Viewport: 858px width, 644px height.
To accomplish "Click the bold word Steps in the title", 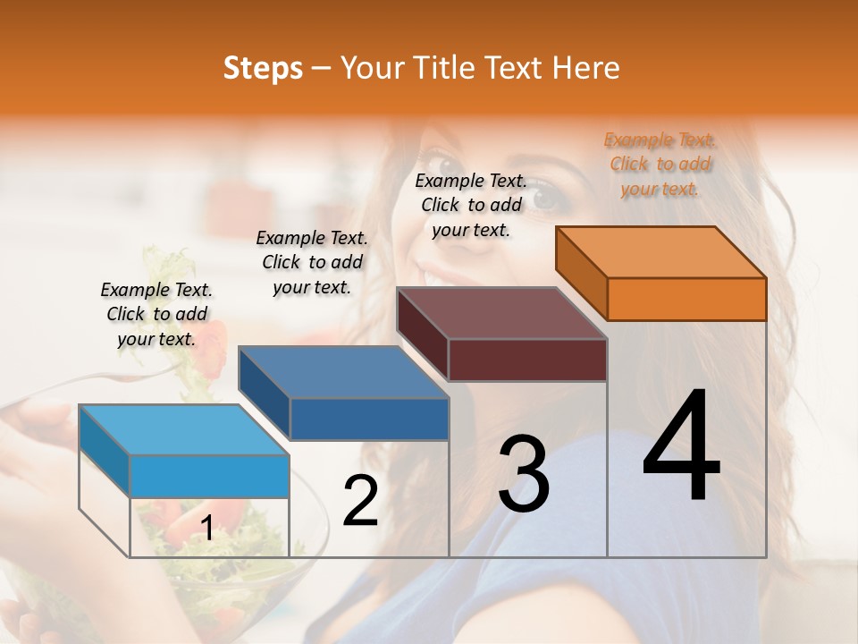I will (x=263, y=68).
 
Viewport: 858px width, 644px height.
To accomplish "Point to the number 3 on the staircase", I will (x=524, y=473).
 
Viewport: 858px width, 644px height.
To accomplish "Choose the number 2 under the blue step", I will (x=360, y=501).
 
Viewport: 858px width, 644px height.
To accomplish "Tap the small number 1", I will (x=206, y=529).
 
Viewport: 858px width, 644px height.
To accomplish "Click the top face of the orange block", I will (x=660, y=252).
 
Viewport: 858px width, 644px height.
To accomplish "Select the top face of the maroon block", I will (x=501, y=313).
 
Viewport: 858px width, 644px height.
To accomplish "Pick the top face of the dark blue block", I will (x=343, y=372).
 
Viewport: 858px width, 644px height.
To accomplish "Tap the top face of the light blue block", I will (x=184, y=430).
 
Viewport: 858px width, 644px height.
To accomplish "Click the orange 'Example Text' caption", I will (x=660, y=164).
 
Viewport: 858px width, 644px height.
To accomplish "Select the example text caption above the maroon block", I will (x=471, y=205).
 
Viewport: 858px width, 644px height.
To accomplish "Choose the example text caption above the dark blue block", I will (x=312, y=262).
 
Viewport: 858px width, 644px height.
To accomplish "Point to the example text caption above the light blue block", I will (x=156, y=314).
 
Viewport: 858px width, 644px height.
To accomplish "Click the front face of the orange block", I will (x=686, y=299).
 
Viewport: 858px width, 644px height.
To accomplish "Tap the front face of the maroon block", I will (x=527, y=360).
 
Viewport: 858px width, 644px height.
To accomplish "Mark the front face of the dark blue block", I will (x=369, y=419).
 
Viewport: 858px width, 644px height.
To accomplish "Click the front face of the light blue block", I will (x=209, y=476).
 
